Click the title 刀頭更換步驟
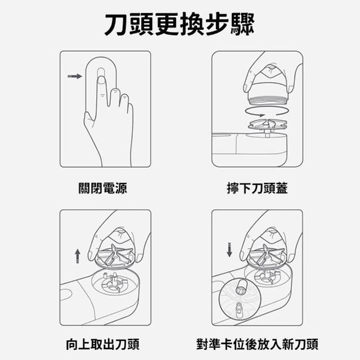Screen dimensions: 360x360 click(x=179, y=24)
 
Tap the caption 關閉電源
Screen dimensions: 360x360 click(x=102, y=188)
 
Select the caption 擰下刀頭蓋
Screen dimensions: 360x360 click(x=257, y=188)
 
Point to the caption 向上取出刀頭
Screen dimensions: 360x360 click(x=102, y=344)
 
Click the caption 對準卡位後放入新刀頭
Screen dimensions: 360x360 click(x=257, y=344)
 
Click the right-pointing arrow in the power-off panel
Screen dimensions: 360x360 click(x=75, y=76)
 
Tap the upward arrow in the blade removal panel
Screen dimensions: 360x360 click(x=78, y=256)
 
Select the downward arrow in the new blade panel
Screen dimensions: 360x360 click(x=229, y=250)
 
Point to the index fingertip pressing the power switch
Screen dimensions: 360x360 click(x=101, y=80)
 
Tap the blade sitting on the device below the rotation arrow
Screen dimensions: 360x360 click(x=268, y=124)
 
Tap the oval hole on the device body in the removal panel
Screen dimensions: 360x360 click(x=66, y=295)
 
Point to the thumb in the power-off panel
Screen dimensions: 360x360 click(x=89, y=116)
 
